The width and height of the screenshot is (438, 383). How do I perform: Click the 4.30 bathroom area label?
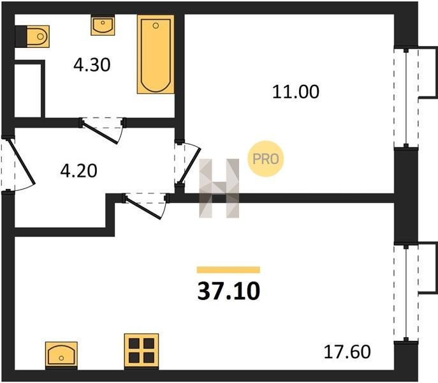(92, 65)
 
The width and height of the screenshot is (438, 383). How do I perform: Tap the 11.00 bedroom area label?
(296, 92)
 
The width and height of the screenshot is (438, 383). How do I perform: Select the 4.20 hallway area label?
(79, 170)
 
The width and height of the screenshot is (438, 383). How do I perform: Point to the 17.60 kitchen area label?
(347, 352)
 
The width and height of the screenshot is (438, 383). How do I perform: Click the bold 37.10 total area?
(228, 291)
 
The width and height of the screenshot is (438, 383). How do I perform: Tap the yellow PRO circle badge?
(266, 159)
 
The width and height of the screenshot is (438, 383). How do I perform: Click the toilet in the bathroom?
(38, 36)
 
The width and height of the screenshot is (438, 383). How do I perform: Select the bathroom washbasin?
(103, 25)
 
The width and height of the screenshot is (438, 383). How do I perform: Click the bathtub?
(156, 54)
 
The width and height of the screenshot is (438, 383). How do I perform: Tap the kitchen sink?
(61, 354)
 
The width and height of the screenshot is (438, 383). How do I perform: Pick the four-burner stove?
(142, 351)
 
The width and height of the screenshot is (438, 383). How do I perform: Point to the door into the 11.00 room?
(190, 165)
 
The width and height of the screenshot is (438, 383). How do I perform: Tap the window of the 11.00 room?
(406, 98)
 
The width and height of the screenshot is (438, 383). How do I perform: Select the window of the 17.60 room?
(406, 293)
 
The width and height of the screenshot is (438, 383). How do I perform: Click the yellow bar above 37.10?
(228, 269)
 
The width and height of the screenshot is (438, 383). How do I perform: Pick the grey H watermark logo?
(219, 188)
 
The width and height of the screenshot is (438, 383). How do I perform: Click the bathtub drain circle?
(156, 26)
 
